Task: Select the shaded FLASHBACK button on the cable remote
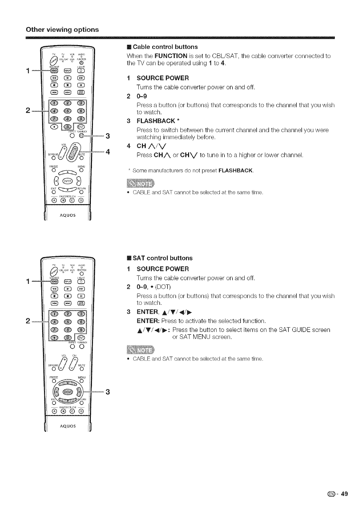point(81,136)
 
